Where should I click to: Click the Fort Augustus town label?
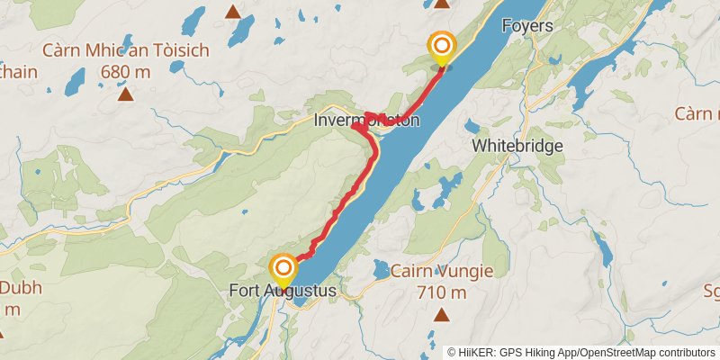click(283, 292)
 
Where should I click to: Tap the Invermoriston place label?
click(366, 120)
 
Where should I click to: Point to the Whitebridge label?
click(517, 145)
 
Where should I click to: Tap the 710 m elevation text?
click(441, 292)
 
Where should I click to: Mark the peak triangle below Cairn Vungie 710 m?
click(441, 314)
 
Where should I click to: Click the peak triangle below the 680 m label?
click(125, 92)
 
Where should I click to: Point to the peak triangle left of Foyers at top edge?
click(441, 4)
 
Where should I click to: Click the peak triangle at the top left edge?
click(233, 12)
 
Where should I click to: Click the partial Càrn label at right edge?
click(697, 114)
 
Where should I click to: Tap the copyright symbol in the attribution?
click(452, 352)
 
